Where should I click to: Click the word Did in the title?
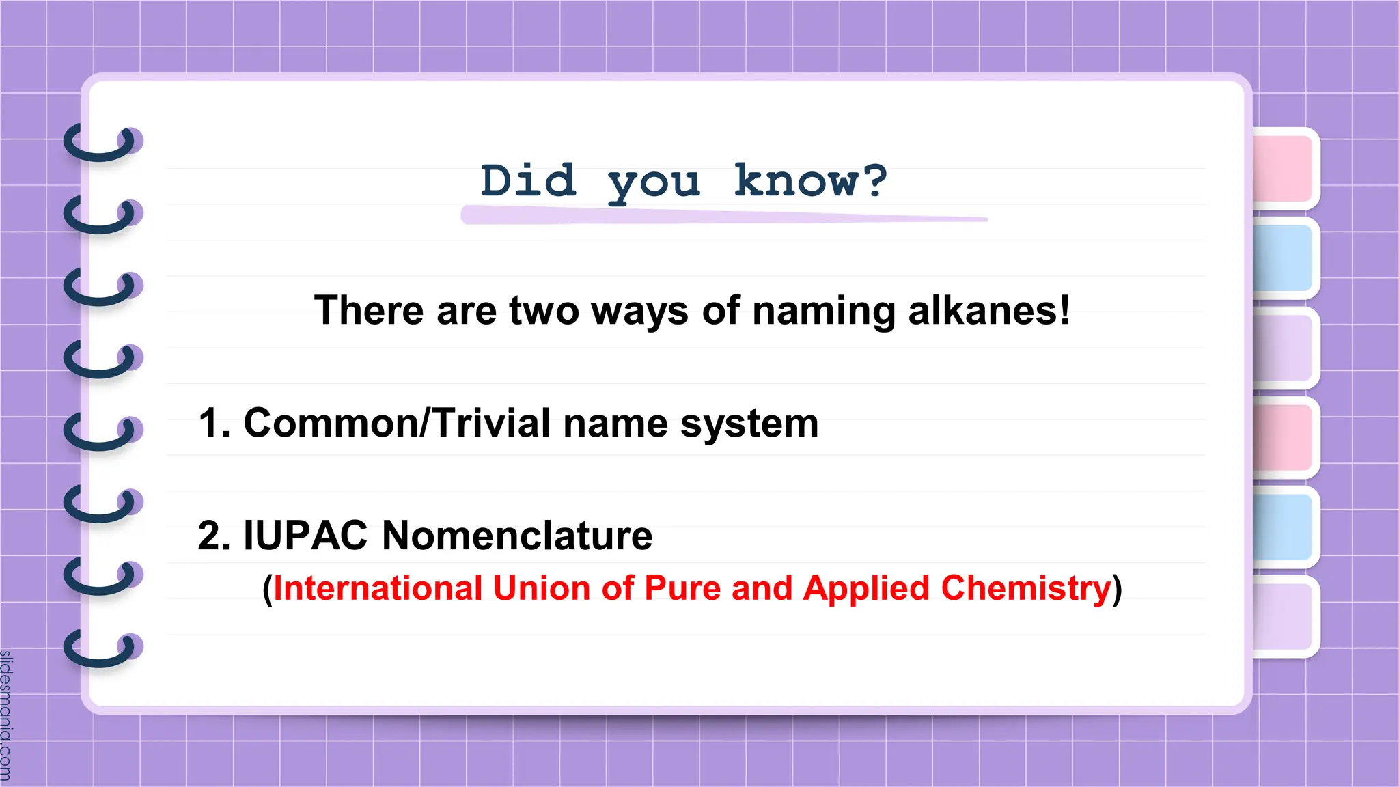coord(528,181)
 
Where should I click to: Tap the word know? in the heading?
coord(810,181)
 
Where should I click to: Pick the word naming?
coord(824,312)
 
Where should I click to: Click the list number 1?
coord(213,423)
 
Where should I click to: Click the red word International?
coord(378,588)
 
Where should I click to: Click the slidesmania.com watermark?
coord(6,715)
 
